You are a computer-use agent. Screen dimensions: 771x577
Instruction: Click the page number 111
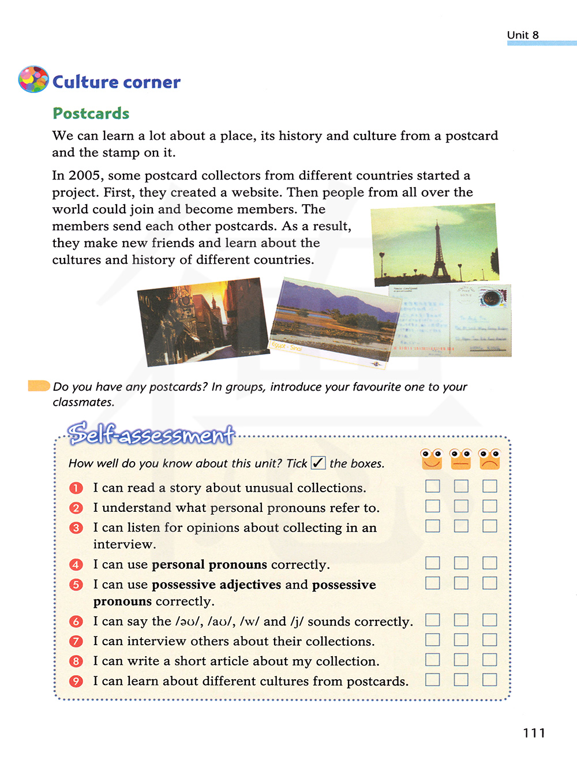(534, 733)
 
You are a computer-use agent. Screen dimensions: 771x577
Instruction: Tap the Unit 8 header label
(523, 35)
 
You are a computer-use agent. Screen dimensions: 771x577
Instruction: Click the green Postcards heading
(91, 114)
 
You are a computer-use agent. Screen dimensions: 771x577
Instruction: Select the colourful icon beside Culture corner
(33, 80)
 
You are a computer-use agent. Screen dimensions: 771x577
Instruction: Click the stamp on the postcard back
(493, 298)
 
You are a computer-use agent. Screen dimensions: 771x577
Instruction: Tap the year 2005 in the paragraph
(84, 175)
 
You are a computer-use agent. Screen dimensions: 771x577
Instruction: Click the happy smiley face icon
(432, 459)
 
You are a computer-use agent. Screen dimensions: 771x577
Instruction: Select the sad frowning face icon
(489, 459)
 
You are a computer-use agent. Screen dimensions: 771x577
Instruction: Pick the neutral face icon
(460, 459)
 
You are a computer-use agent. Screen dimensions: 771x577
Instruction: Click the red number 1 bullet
(76, 488)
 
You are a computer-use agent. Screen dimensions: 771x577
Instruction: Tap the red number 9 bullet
(76, 682)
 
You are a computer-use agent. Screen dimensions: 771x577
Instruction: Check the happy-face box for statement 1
(432, 486)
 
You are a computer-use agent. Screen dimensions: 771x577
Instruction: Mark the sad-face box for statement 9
(489, 680)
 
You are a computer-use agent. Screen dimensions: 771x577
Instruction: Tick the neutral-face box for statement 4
(460, 563)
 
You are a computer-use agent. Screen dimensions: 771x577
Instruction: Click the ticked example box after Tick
(318, 463)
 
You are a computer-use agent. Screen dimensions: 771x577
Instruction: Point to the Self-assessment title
(151, 434)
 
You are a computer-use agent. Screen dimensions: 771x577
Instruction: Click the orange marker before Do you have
(39, 385)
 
